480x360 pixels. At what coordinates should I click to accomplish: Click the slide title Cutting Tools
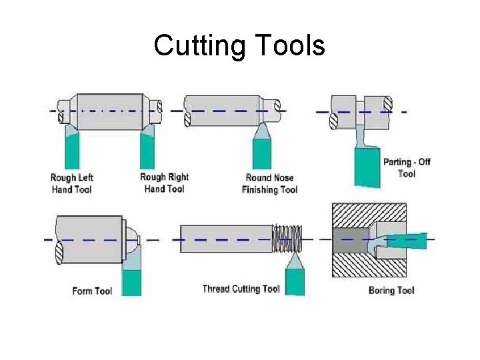tap(239, 46)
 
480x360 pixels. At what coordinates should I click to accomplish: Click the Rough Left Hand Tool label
tap(72, 183)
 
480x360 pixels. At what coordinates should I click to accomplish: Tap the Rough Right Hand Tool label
tap(164, 183)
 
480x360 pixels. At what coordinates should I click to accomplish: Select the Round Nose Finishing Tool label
tap(269, 183)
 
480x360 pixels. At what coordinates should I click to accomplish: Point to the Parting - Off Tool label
tap(407, 167)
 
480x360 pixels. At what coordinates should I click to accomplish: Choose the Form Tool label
tap(92, 291)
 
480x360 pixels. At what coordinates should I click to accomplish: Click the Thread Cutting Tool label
tap(241, 289)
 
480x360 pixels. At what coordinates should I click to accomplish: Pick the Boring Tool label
tap(391, 290)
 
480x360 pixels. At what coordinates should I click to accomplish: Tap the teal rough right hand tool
tap(148, 151)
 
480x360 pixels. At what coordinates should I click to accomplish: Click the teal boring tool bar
tap(407, 241)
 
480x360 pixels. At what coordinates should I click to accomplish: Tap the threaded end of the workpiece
tap(287, 239)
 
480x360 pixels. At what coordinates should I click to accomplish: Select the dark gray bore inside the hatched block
tap(350, 241)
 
